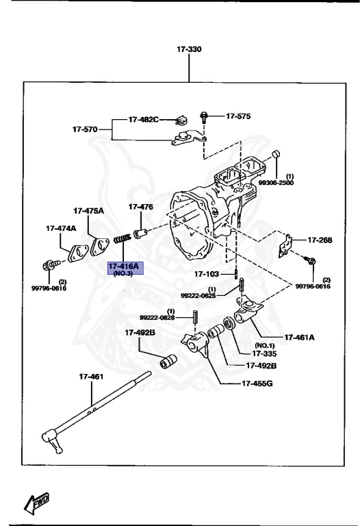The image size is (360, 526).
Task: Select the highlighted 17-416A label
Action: [123, 266]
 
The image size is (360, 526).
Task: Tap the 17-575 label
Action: [238, 116]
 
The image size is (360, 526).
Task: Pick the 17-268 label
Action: [320, 240]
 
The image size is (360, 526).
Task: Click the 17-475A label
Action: [89, 210]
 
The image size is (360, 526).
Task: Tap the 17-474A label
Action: [61, 228]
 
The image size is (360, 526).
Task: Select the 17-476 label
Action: [141, 206]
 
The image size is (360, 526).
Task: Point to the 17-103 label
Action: [206, 274]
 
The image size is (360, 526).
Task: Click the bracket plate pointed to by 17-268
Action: [285, 245]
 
